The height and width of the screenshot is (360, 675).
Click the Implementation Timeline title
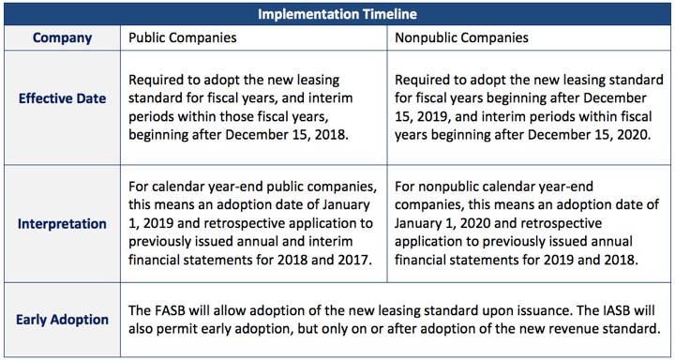(337, 14)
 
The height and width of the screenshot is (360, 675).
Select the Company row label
(62, 38)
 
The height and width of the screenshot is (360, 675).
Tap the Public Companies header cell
(183, 38)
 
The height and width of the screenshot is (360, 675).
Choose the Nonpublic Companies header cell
(462, 38)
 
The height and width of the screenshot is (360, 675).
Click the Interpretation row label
(62, 225)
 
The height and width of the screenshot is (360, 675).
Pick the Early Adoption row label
(62, 320)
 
